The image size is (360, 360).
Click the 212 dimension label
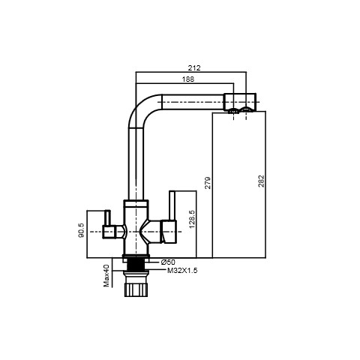pyautogui.click(x=194, y=67)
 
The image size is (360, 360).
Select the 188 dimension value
pyautogui.click(x=188, y=79)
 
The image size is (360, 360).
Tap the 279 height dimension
pyautogui.click(x=208, y=183)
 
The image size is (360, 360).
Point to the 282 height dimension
pyautogui.click(x=261, y=181)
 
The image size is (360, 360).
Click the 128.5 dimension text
pyautogui.click(x=192, y=219)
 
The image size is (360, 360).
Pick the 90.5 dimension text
pyautogui.click(x=82, y=230)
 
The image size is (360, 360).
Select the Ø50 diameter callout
pyautogui.click(x=168, y=262)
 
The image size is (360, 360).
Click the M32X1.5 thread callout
pyautogui.click(x=182, y=270)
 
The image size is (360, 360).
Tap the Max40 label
pyautogui.click(x=106, y=275)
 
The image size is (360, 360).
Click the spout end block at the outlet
pyautogui.click(x=239, y=101)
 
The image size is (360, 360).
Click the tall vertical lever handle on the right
pyautogui.click(x=172, y=205)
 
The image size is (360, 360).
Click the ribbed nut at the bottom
pyautogui.click(x=136, y=289)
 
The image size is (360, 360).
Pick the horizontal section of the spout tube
pyautogui.click(x=193, y=102)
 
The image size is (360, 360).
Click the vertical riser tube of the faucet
pyautogui.click(x=136, y=163)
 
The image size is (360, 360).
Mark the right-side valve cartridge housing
pyautogui.click(x=169, y=232)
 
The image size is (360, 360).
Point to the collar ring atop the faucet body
pyautogui.click(x=136, y=203)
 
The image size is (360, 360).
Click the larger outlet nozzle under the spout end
pyautogui.click(x=246, y=109)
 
